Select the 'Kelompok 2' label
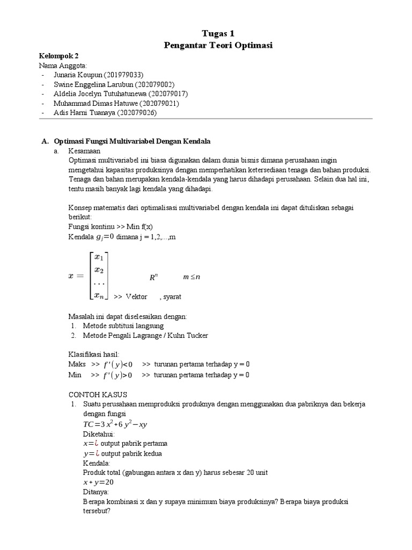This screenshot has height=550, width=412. coord(59,56)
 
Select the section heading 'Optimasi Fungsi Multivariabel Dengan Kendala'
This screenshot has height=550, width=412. coord(132,141)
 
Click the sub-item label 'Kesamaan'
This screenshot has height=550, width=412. coord(84,151)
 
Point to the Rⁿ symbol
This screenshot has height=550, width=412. coord(153,278)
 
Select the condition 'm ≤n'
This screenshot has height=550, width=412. coord(192,277)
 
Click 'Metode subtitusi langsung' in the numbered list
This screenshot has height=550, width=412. coord(123,325)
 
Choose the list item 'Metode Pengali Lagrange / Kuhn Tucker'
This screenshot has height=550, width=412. coord(145,336)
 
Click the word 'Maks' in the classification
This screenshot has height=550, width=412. coord(77,364)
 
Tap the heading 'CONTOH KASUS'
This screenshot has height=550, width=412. coord(97,394)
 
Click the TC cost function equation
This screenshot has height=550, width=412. coord(115,424)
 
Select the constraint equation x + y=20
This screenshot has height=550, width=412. coord(98,482)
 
